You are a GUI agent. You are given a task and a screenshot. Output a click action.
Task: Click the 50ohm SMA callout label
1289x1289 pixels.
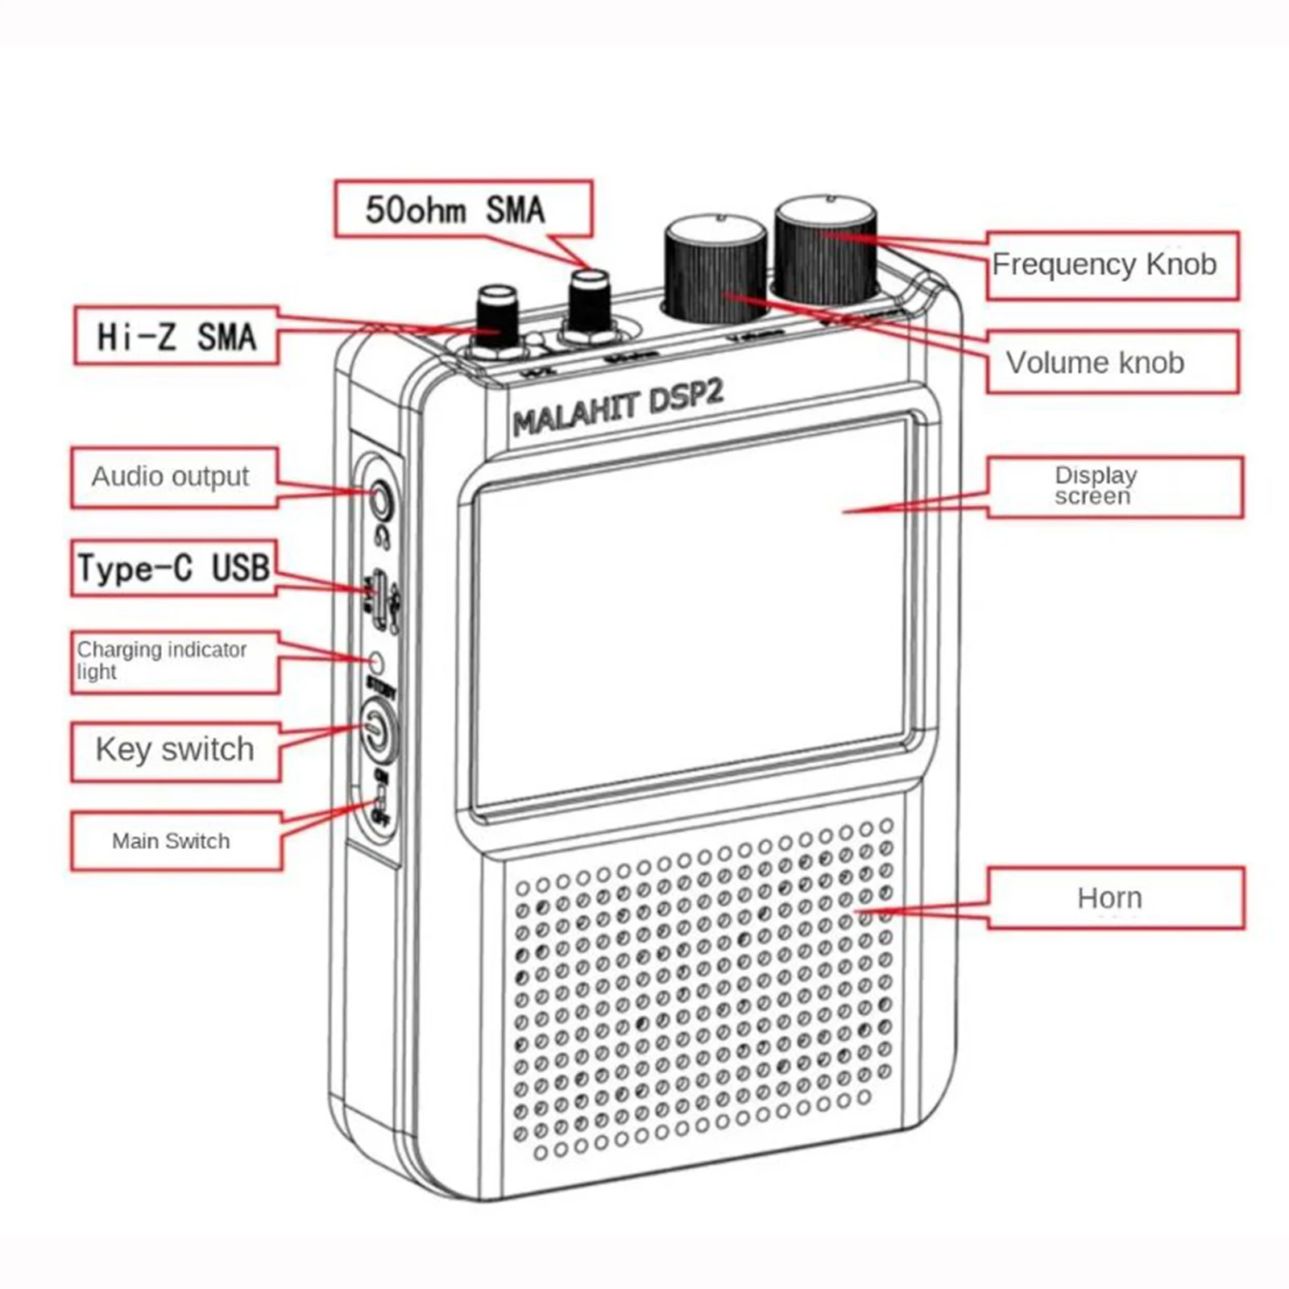point(463,209)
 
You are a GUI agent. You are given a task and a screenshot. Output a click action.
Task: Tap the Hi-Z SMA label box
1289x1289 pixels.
point(176,336)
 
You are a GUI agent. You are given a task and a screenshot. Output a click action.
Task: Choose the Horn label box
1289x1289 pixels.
point(1115,898)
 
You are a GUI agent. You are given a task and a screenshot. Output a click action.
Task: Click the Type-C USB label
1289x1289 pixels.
point(174,568)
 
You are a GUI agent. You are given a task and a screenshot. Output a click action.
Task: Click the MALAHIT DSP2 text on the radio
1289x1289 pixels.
point(618,408)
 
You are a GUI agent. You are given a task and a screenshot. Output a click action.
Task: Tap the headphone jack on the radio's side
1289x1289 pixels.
point(379,499)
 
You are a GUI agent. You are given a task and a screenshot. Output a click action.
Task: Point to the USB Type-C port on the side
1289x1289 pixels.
point(377,595)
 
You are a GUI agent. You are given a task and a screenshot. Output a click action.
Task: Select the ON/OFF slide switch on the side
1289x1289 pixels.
point(379,802)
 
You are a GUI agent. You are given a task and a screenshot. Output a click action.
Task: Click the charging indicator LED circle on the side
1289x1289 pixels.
point(375,662)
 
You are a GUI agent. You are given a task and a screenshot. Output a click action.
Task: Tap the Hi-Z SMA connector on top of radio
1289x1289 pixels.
point(497,318)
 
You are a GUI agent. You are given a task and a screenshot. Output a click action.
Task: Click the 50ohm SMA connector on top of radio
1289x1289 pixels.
point(589,303)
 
